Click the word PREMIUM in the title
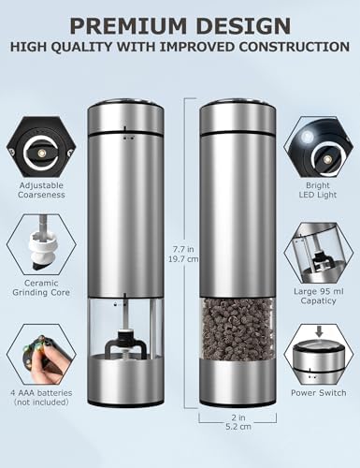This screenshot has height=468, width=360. [x=130, y=25]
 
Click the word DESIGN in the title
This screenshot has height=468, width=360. [x=244, y=25]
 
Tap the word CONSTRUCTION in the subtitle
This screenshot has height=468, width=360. [x=295, y=47]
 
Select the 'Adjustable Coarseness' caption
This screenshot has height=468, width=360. [x=41, y=190]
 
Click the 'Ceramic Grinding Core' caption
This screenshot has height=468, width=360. [x=41, y=287]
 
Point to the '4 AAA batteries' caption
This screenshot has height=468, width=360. [x=41, y=393]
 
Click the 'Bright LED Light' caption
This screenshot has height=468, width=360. [x=318, y=190]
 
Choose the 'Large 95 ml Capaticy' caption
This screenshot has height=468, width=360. [x=319, y=296]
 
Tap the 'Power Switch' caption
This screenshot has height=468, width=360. [x=319, y=393]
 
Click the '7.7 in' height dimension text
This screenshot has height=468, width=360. [x=183, y=249]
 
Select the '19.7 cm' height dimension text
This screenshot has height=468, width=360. [x=183, y=259]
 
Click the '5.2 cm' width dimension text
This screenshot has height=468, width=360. [x=238, y=427]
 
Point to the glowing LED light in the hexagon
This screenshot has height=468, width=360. [x=307, y=137]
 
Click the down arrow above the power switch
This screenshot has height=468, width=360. [x=319, y=331]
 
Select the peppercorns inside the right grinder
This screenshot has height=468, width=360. [x=238, y=329]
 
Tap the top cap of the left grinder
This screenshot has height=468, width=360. [x=125, y=117]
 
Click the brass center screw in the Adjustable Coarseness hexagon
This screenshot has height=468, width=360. [x=41, y=153]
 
